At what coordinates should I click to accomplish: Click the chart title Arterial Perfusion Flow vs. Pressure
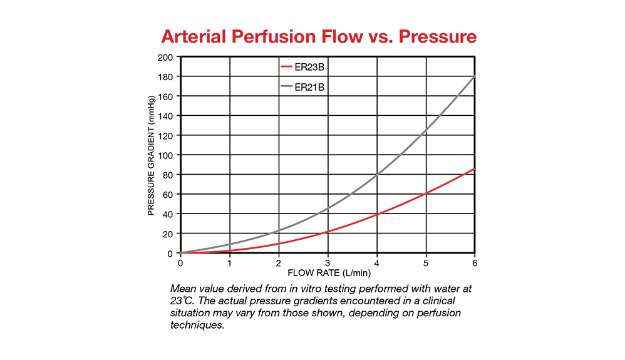[319, 36]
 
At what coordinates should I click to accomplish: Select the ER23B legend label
[309, 67]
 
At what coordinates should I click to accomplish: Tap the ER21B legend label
[309, 87]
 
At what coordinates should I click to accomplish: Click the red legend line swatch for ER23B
[287, 67]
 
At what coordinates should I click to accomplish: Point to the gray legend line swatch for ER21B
[287, 87]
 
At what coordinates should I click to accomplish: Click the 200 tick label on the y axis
[166, 57]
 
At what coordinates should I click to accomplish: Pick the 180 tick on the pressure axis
[166, 76]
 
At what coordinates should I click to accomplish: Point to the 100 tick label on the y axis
[166, 155]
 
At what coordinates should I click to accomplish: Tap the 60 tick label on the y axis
[168, 195]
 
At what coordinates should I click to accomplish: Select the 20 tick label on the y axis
[168, 234]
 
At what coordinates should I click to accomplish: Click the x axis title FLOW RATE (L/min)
[328, 274]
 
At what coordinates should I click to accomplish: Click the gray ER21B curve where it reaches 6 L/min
[474, 76]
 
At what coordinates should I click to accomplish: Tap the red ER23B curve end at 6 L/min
[474, 169]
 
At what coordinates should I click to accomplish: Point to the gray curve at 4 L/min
[377, 175]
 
